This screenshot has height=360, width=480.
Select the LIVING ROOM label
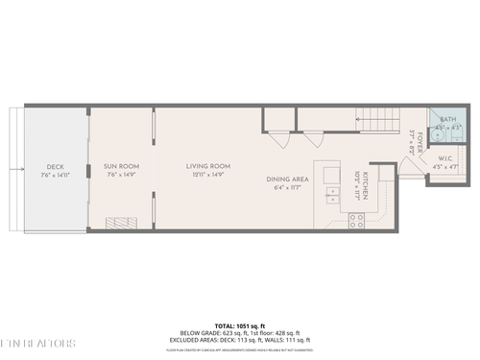point(208,166)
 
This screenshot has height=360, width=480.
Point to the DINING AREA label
point(287,180)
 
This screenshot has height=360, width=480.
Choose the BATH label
point(447,117)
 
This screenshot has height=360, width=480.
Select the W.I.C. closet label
point(446,158)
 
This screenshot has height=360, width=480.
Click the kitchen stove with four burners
point(355,221)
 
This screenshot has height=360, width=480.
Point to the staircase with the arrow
point(377,123)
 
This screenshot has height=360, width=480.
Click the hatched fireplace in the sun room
point(126,224)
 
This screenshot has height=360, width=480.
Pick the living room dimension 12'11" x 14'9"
point(208,175)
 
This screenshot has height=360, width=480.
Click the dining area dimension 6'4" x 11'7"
point(287,188)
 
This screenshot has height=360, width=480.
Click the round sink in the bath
point(441,134)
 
